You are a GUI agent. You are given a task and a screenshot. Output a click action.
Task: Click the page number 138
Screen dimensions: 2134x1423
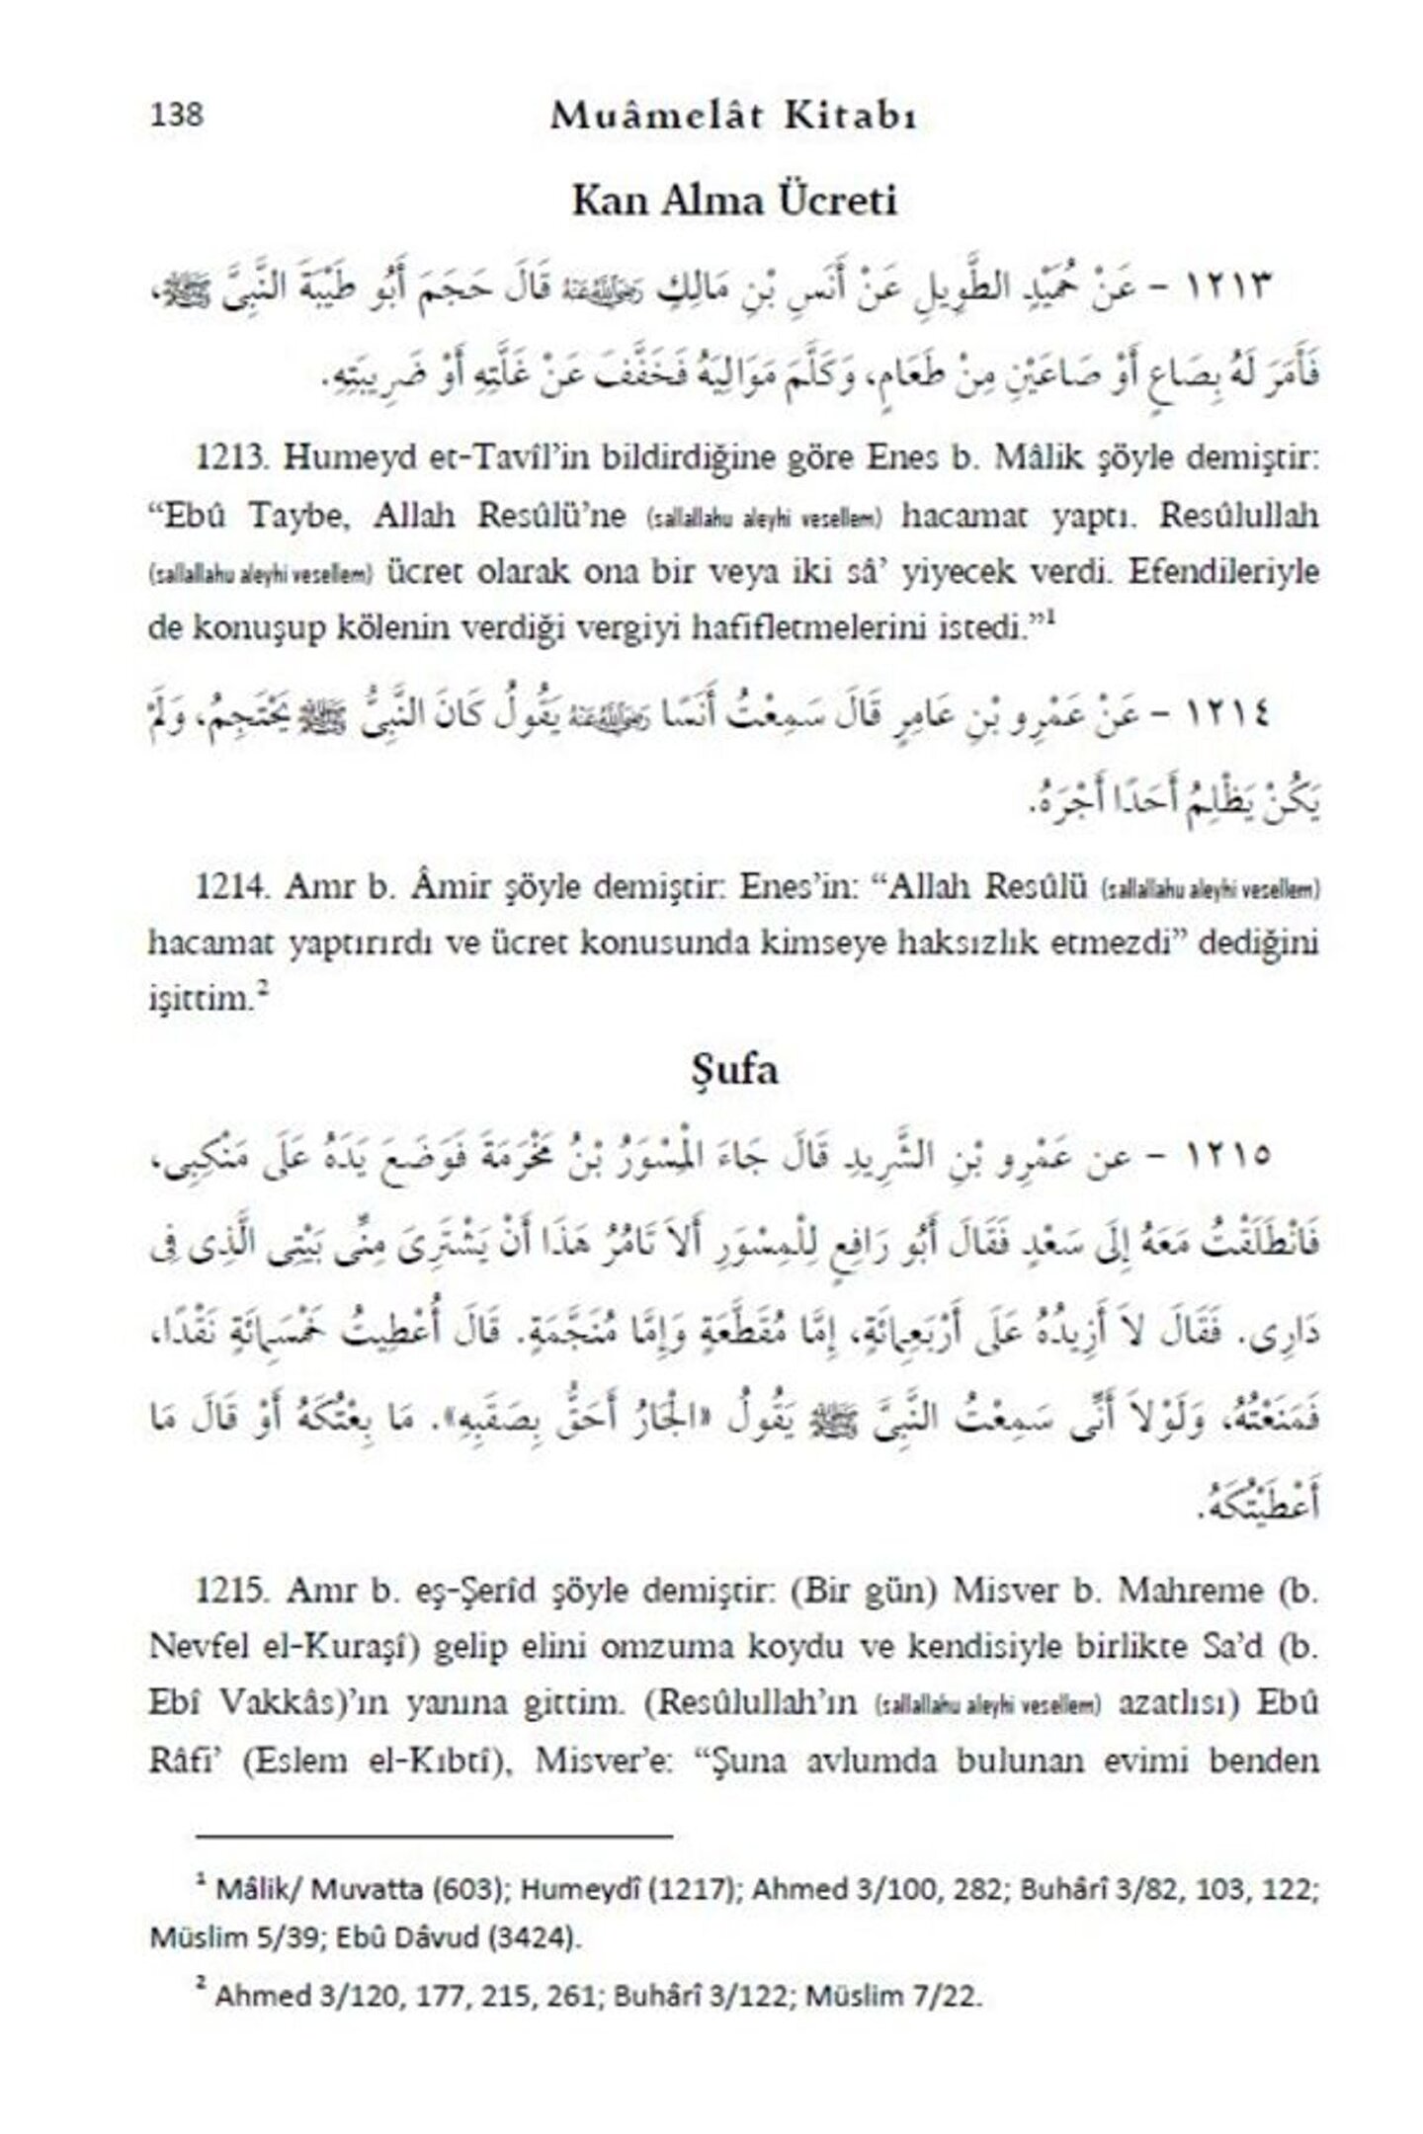point(177,116)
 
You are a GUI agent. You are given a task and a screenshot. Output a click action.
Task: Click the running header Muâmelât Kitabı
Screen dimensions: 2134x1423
point(734,117)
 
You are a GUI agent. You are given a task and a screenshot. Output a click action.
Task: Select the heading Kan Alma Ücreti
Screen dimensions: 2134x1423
point(734,202)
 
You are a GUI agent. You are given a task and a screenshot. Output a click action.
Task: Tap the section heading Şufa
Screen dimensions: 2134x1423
point(733,1072)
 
